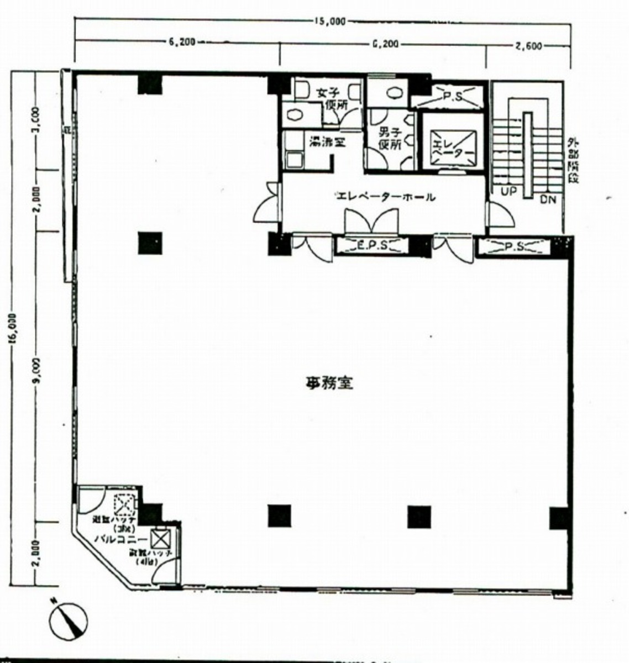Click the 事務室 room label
[x=329, y=382]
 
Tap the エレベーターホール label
[x=385, y=196]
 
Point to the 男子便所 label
[x=389, y=139]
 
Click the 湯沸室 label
[x=327, y=142]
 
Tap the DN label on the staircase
[x=547, y=198]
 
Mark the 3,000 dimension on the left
[x=36, y=118]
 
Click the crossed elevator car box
[x=454, y=146]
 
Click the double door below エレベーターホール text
[x=371, y=221]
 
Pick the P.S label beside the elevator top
[x=452, y=97]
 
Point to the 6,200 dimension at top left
[x=180, y=42]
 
